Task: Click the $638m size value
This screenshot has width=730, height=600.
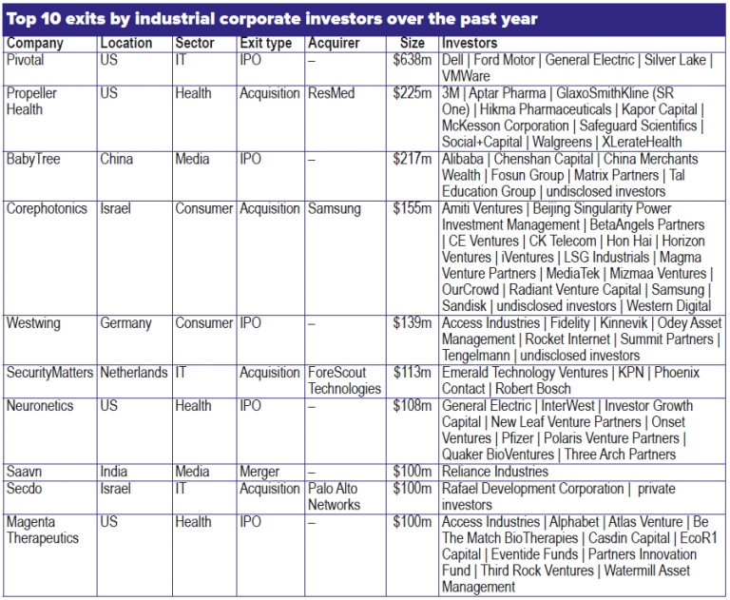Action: click(x=413, y=60)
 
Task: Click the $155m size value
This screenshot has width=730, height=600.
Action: click(x=413, y=208)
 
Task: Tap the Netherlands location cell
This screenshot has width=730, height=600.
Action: click(x=134, y=373)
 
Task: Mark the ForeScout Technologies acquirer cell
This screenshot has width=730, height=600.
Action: click(x=344, y=380)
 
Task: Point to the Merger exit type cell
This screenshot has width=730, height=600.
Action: click(x=259, y=472)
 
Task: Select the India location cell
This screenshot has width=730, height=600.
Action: click(x=114, y=472)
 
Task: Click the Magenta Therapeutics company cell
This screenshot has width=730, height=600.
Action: click(x=44, y=530)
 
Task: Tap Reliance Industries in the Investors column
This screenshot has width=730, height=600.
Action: click(x=494, y=472)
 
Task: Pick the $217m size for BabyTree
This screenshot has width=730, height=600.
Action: click(x=413, y=159)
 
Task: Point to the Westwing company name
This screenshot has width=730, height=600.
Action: click(x=33, y=323)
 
